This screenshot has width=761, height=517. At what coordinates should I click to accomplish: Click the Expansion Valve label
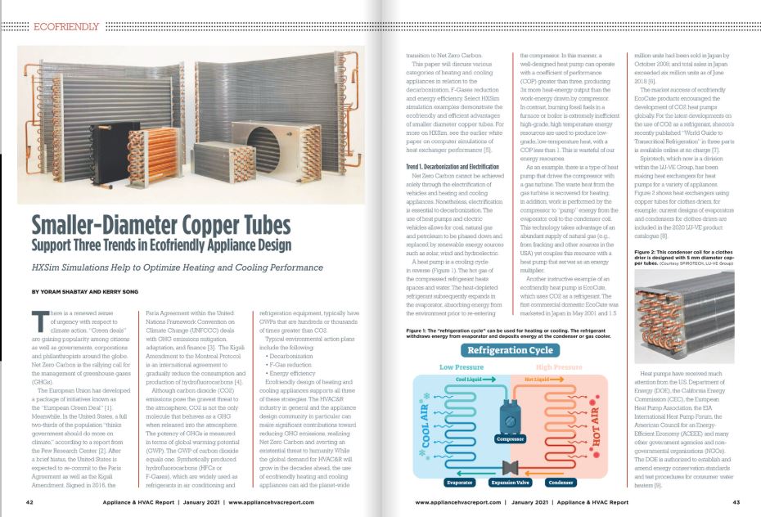click(511, 483)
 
